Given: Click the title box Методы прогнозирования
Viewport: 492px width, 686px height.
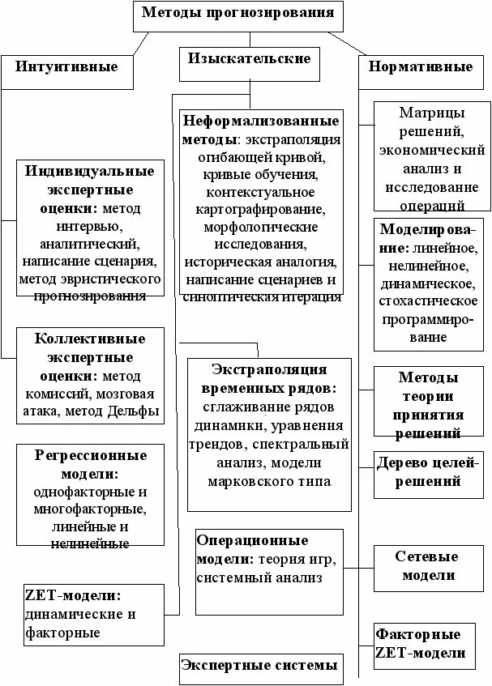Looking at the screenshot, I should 237,14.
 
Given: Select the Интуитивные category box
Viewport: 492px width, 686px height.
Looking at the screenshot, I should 66,67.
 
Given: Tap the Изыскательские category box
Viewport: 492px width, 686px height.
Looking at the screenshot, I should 249,59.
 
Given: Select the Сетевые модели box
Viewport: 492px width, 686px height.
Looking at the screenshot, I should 426,566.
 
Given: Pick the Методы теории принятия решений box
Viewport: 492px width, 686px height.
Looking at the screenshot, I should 428,405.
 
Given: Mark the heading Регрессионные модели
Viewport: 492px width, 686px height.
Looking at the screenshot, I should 90,464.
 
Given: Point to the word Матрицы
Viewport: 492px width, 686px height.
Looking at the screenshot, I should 432,113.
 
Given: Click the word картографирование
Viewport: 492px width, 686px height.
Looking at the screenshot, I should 260,210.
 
